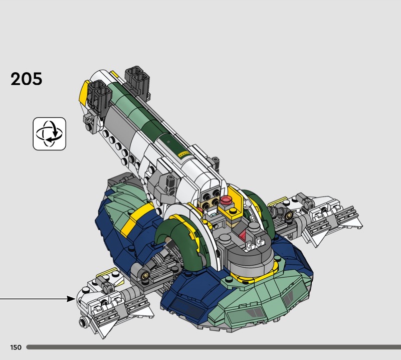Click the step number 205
[27, 79]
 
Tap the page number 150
[16, 347]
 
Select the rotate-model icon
[49, 133]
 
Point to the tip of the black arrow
[76, 299]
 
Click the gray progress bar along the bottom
[214, 347]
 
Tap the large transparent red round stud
[226, 200]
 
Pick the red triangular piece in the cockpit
[243, 235]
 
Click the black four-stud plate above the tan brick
[211, 194]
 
